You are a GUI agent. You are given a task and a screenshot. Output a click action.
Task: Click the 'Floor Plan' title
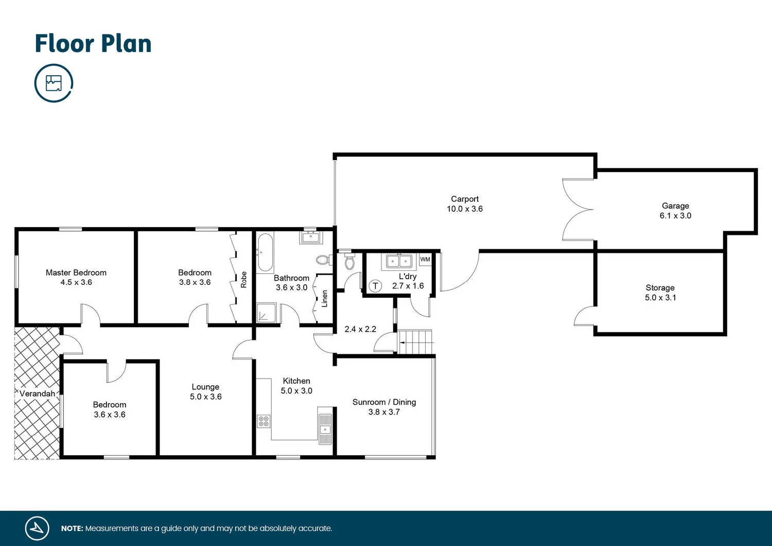93,44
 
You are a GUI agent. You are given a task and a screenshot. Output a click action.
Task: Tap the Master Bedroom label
76,272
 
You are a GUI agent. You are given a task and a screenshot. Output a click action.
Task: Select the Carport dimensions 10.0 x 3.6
465,209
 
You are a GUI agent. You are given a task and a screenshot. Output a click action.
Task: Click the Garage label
675,206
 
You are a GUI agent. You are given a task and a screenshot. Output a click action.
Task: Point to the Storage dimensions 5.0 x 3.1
660,297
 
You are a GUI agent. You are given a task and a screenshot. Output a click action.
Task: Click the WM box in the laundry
425,259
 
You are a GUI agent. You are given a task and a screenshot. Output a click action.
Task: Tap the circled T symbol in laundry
375,286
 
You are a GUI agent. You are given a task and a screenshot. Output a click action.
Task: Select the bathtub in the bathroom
265,252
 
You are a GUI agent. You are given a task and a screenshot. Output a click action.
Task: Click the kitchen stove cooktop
264,421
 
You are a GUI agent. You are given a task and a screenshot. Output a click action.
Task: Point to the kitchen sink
325,425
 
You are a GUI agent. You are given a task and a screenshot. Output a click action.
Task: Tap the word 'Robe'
244,280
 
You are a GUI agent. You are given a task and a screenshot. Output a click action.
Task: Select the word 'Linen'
325,299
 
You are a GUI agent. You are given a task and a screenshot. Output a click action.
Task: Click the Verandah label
37,394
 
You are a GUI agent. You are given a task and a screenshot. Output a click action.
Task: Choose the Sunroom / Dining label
384,402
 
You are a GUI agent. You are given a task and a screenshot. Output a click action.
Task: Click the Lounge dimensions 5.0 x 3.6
206,397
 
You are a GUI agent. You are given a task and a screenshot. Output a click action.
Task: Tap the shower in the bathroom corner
266,313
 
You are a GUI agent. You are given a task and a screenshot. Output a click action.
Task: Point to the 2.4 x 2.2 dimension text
360,329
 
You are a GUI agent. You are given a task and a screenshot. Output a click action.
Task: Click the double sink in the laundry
399,261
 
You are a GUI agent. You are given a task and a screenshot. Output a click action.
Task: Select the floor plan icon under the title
54,83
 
